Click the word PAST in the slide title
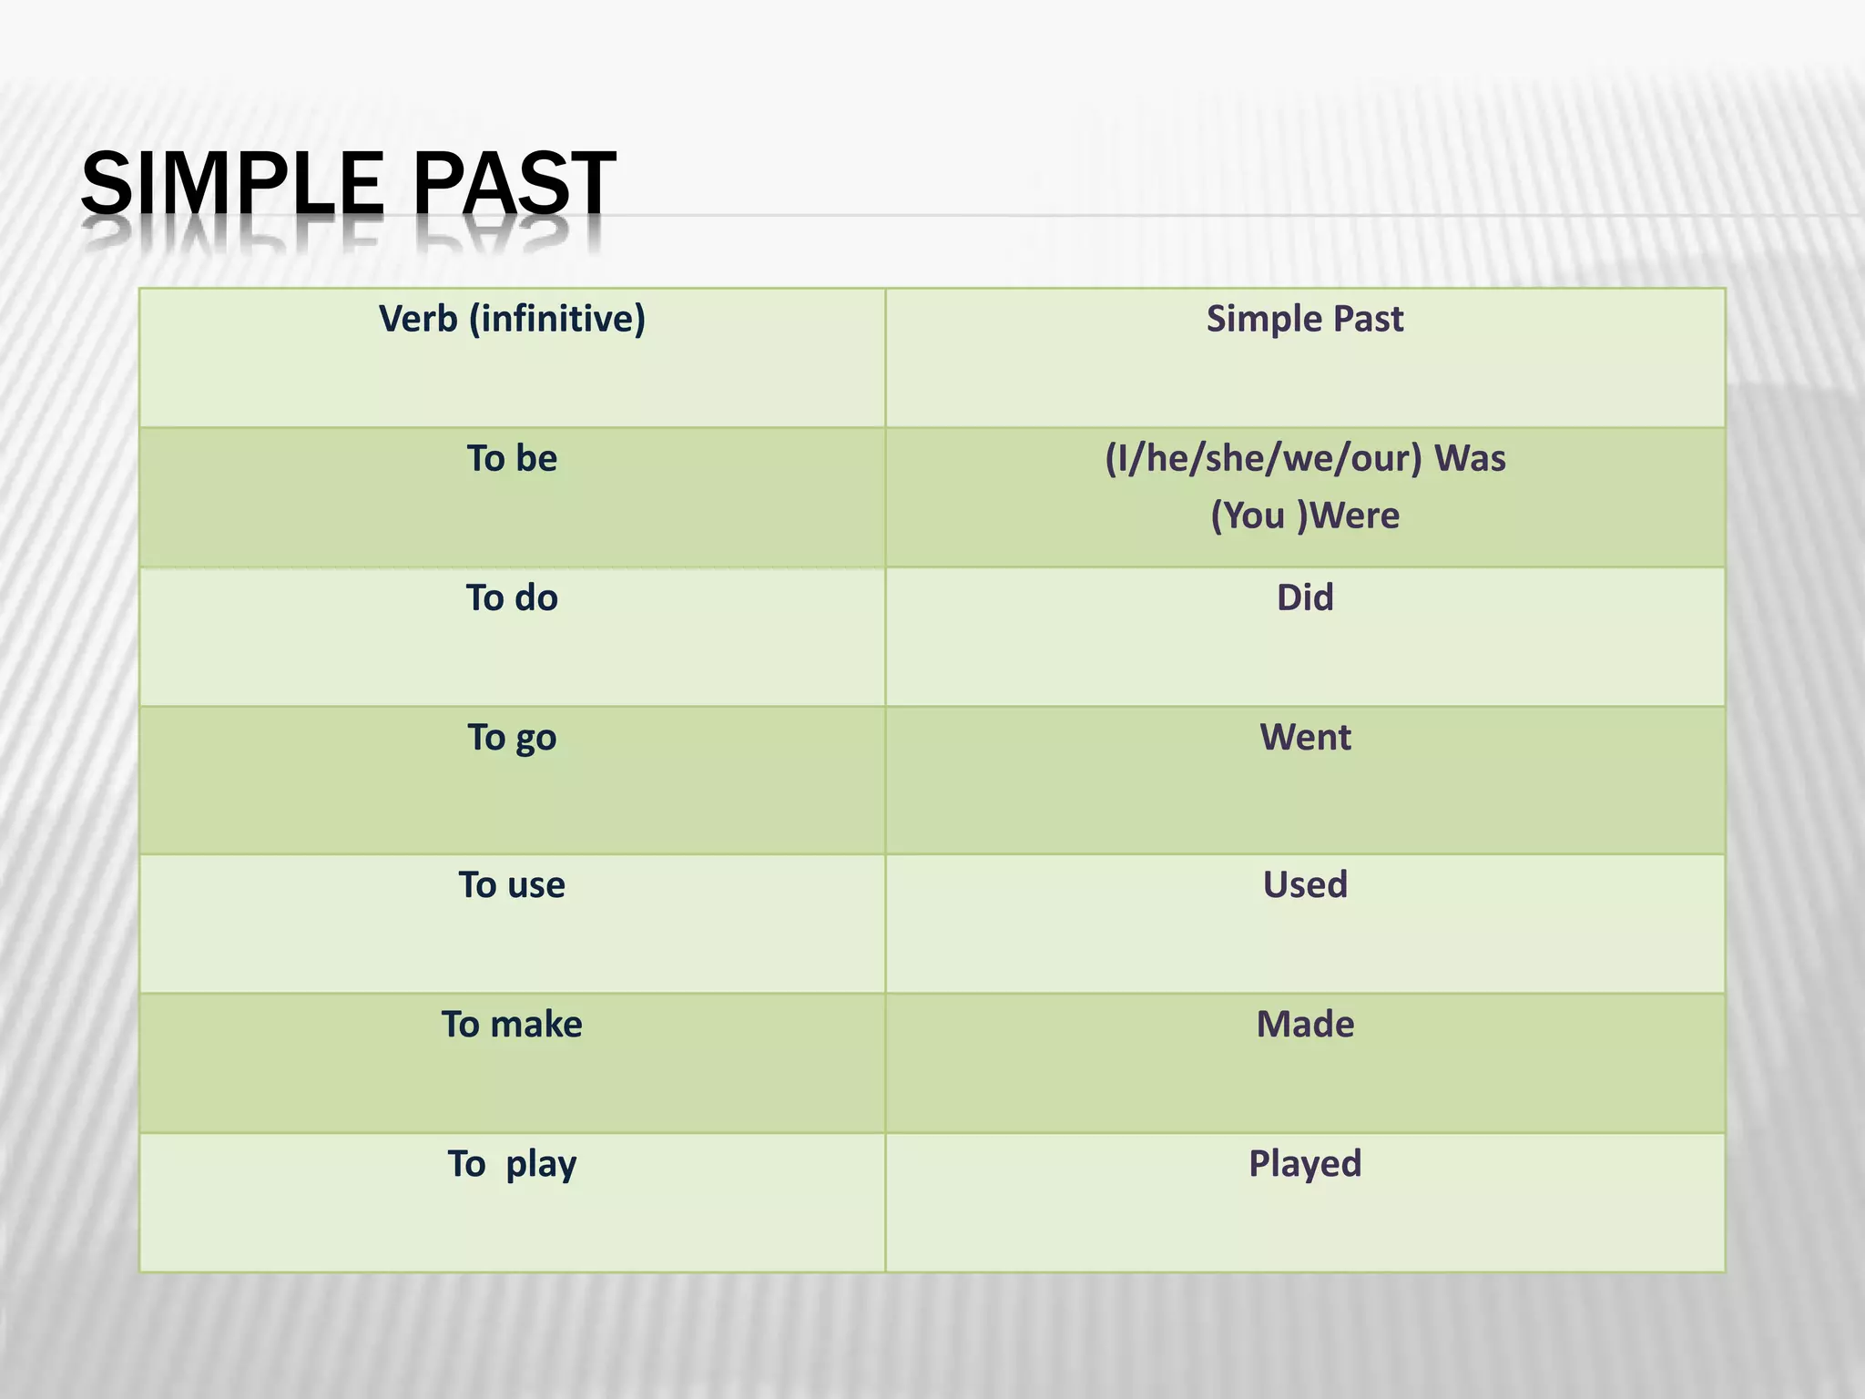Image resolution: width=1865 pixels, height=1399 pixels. coord(515,184)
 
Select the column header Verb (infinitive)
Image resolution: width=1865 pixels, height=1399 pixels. coord(512,320)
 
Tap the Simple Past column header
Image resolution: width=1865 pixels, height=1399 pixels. coord(1304,320)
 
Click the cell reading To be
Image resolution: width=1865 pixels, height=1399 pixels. coord(512,458)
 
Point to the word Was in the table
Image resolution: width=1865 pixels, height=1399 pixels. coord(1470,458)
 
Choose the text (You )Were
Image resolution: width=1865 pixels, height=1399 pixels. coord(1304,516)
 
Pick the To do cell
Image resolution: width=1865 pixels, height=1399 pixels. coord(512,598)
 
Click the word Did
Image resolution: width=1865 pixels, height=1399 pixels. coord(1304,598)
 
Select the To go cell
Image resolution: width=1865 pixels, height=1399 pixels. coord(512,738)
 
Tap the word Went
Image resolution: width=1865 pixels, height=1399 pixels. coord(1304,738)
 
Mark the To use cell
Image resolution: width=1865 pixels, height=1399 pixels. coord(512,885)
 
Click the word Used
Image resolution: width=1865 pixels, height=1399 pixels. coord(1304,885)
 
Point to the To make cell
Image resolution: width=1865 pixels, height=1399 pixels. coord(512,1025)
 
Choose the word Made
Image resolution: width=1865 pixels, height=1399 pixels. coord(1304,1025)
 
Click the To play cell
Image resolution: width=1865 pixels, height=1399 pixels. coord(512,1164)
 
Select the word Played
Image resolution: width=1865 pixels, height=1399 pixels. coord(1304,1164)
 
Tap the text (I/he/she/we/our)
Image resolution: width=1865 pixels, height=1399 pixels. coord(1263,458)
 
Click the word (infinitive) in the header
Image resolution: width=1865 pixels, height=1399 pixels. coord(557,320)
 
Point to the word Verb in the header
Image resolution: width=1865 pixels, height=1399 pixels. coord(418,320)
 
